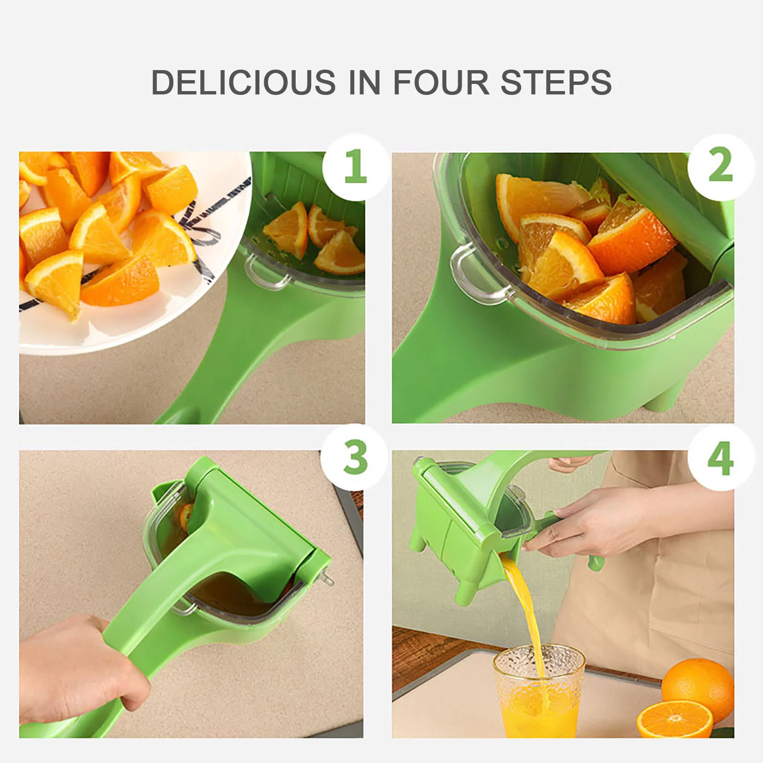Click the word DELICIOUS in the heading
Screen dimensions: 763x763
click(243, 82)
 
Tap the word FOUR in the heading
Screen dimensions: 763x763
click(441, 82)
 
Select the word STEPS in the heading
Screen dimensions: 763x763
click(556, 82)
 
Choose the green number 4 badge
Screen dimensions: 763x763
click(720, 458)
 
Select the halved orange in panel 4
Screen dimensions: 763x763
click(674, 719)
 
